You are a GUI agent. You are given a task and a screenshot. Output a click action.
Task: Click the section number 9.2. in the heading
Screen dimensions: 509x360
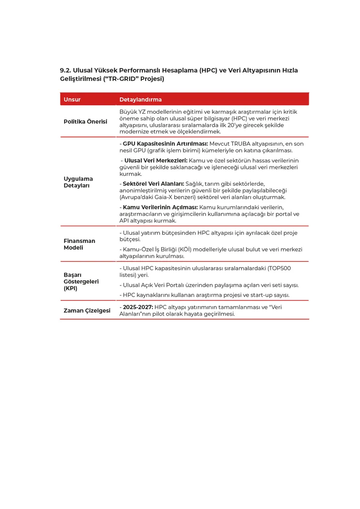pos(65,71)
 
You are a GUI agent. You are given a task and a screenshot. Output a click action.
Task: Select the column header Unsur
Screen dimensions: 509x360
pos(72,100)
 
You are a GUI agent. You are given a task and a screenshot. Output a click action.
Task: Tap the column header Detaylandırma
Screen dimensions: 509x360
pos(140,100)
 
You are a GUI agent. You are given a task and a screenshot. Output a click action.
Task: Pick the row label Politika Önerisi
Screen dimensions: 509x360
pos(85,121)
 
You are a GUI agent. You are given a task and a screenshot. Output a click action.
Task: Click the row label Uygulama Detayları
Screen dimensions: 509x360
pos(78,182)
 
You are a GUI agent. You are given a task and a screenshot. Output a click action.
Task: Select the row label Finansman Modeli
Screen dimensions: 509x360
pos(79,244)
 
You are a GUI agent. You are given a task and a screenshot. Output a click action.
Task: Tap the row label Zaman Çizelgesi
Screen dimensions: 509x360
pos(87,310)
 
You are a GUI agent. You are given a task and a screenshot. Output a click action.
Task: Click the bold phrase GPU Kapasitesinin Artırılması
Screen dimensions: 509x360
pos(165,144)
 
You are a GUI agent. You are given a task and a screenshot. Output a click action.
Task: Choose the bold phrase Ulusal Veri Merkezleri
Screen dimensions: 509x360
pos(155,161)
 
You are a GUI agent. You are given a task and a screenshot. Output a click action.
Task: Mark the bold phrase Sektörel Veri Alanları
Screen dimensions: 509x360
pos(153,184)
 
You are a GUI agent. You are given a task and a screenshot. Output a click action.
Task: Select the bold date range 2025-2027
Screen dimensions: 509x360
pos(138,307)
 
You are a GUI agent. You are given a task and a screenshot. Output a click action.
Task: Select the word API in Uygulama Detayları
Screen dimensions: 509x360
pos(125,221)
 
